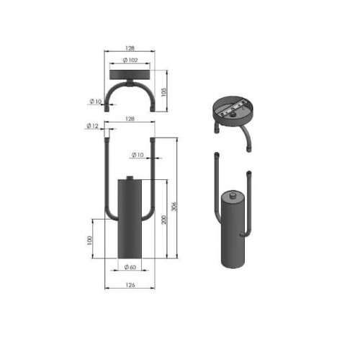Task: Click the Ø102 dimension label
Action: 130,60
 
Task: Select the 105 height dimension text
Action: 163,92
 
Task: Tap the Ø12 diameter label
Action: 92,126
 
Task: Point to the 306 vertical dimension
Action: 174,206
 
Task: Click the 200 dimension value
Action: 163,220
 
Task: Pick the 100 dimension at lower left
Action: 89,240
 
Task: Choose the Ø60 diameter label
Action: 130,267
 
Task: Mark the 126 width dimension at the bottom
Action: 130,285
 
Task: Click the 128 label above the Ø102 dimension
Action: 130,48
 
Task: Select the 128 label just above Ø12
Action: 130,119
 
